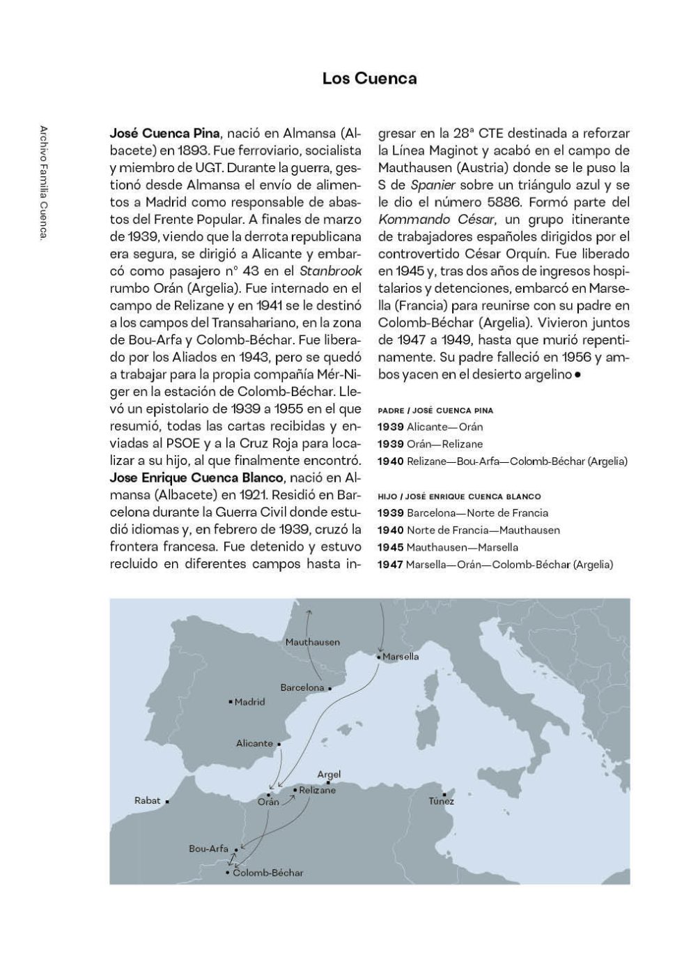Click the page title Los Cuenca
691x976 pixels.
pyautogui.click(x=369, y=79)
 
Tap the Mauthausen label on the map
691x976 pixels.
pyautogui.click(x=313, y=641)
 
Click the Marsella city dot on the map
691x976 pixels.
pyautogui.click(x=378, y=657)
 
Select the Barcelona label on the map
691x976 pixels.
pyautogui.click(x=302, y=687)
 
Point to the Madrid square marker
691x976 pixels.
pyautogui.click(x=231, y=701)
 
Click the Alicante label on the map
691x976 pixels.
pyautogui.click(x=254, y=743)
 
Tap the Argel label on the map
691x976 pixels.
pyautogui.click(x=329, y=774)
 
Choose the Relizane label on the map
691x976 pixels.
pyautogui.click(x=318, y=790)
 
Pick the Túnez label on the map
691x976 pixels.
pyautogui.click(x=442, y=801)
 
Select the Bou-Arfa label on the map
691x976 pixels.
pyautogui.click(x=208, y=848)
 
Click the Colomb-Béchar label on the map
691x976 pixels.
pyautogui.click(x=268, y=873)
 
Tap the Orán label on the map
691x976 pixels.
pyautogui.click(x=268, y=802)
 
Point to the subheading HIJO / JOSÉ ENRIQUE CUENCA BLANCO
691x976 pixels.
pyautogui.click(x=459, y=496)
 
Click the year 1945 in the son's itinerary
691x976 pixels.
pyautogui.click(x=390, y=547)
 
